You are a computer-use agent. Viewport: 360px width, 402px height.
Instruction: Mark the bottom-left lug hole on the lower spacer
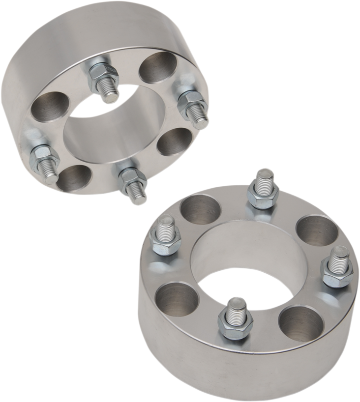click(172, 298)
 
